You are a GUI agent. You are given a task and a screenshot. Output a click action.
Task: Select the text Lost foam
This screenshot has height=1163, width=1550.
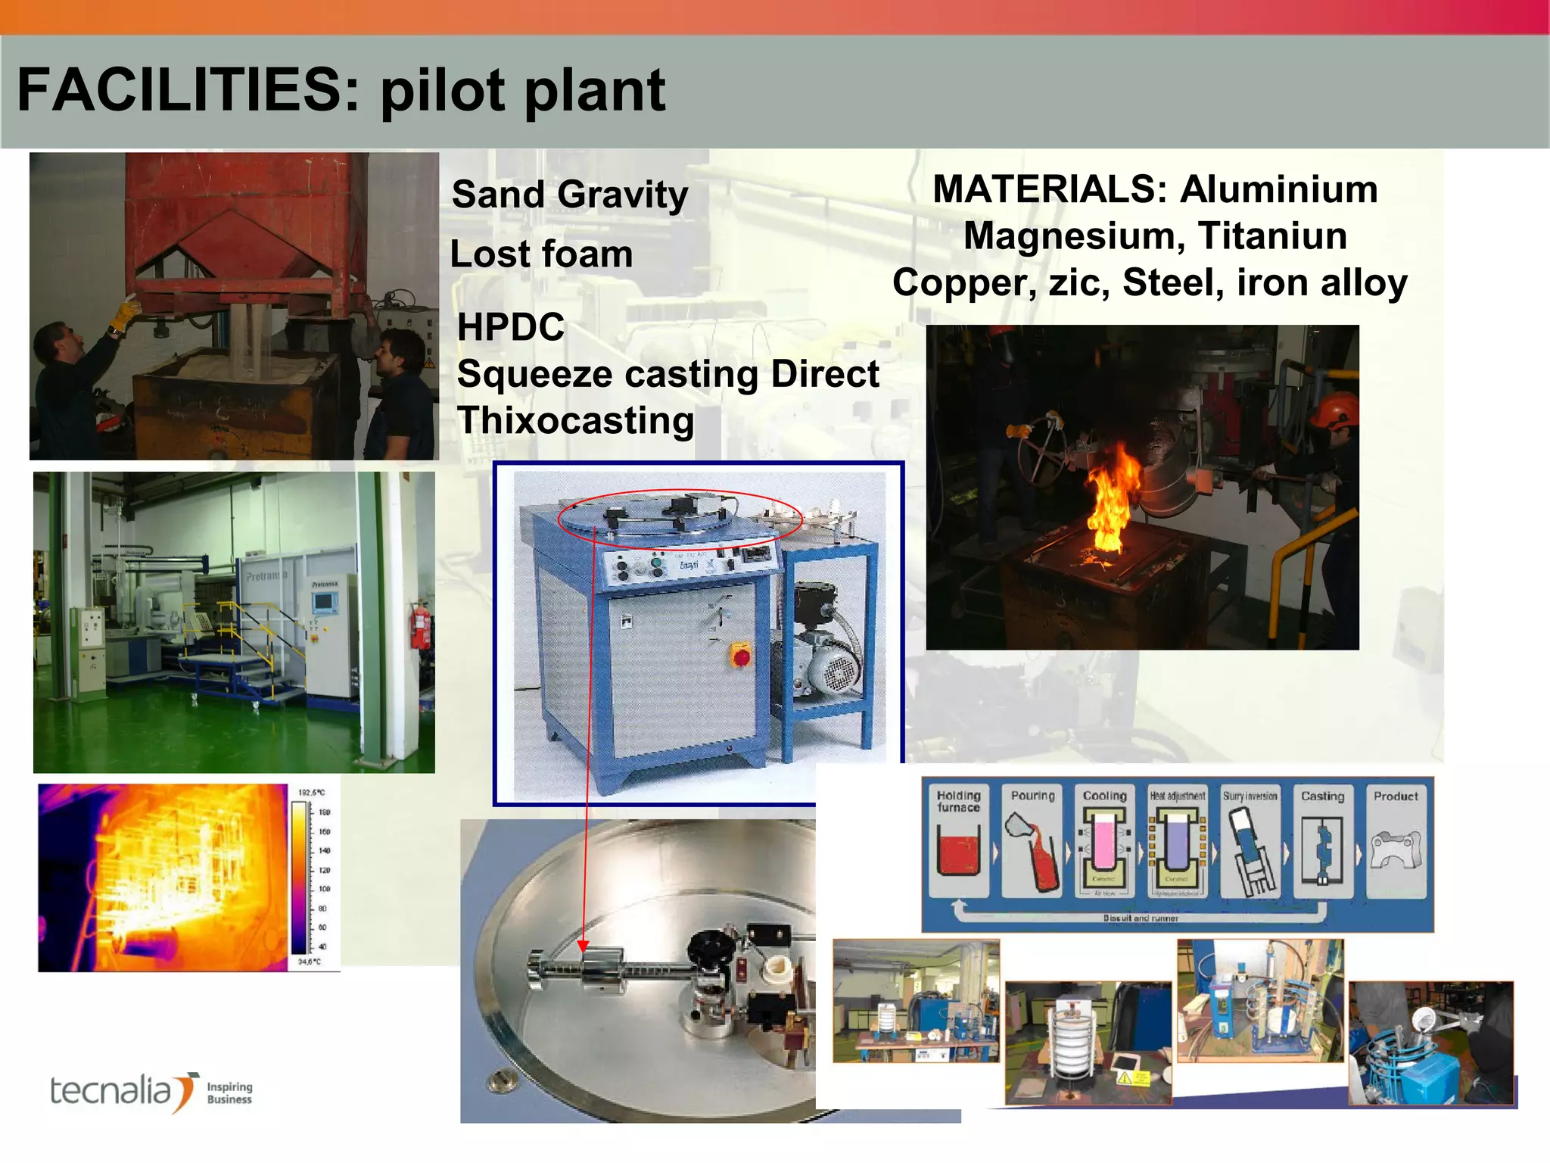pyautogui.click(x=541, y=254)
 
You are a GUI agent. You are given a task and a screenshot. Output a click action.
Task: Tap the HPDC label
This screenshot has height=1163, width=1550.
pyautogui.click(x=511, y=327)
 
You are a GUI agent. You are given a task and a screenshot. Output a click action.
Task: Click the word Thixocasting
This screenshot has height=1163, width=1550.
pyautogui.click(x=575, y=421)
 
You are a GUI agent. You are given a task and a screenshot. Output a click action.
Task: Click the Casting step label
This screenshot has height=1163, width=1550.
pyautogui.click(x=1322, y=797)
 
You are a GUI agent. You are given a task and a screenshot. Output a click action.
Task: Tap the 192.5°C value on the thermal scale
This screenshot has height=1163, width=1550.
pyautogui.click(x=311, y=793)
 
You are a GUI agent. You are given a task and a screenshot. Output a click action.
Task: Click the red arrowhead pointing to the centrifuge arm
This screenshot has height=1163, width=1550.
pyautogui.click(x=583, y=946)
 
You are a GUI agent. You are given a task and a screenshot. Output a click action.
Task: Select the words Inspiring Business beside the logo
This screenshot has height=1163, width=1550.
pyautogui.click(x=229, y=1093)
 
